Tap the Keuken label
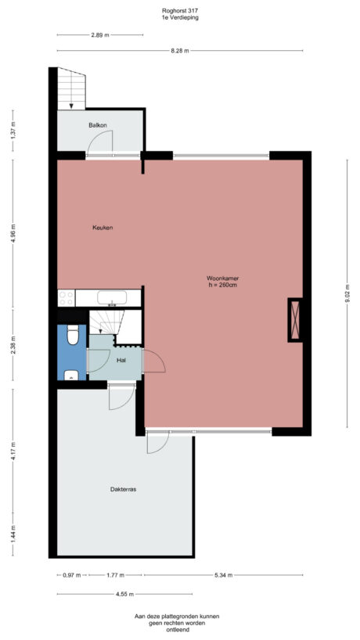point(103,228)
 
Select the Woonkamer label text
point(222,278)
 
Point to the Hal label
point(121,361)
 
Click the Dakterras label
point(124,489)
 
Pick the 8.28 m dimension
point(179,50)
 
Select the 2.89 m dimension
point(99,35)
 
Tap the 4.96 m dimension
point(13,233)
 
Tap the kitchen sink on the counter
point(113,297)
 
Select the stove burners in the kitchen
point(66,297)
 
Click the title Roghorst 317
point(179,10)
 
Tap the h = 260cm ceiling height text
point(222,285)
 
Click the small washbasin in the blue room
point(72,375)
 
